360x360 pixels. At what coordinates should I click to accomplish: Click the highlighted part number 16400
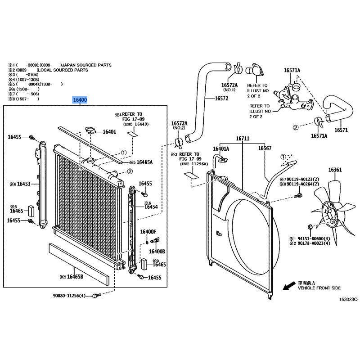(81, 100)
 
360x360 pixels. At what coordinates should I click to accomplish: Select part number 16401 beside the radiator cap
(109, 132)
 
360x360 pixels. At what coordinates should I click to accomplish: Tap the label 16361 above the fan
(335, 170)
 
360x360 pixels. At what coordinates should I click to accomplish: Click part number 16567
(265, 148)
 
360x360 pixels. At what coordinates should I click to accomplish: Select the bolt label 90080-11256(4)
(74, 296)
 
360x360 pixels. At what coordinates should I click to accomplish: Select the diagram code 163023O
(348, 299)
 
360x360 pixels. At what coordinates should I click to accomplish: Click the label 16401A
(221, 148)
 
